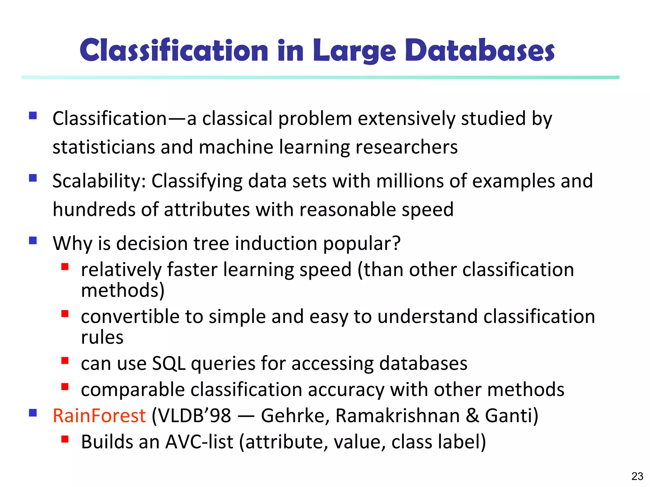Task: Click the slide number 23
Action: (x=637, y=476)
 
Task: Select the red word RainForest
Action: (x=99, y=416)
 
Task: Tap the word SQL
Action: (x=169, y=363)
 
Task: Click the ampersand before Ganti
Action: (x=472, y=416)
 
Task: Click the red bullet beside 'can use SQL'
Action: (x=65, y=360)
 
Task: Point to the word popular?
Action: (x=362, y=244)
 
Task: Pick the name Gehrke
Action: (x=295, y=416)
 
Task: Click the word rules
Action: (x=102, y=337)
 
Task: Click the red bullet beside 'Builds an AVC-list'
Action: (x=65, y=439)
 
